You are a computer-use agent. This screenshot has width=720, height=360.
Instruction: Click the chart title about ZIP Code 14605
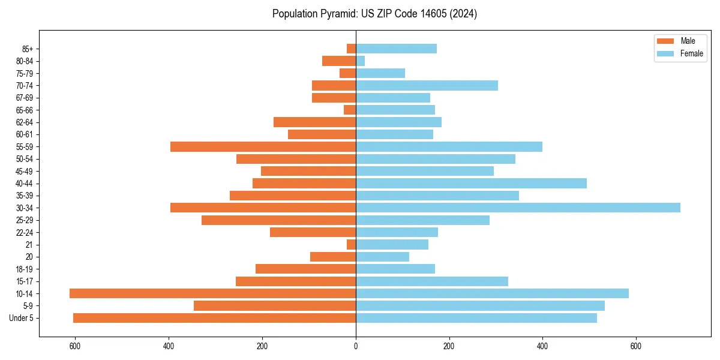[x=374, y=14]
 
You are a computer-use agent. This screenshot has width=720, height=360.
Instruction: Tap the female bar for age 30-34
[x=518, y=208]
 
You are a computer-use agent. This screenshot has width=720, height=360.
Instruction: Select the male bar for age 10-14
[x=212, y=293]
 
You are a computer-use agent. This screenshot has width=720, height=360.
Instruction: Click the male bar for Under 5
[x=214, y=318]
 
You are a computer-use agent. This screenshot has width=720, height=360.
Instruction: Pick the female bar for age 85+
[x=396, y=49]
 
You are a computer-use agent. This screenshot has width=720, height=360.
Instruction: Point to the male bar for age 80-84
[x=339, y=61]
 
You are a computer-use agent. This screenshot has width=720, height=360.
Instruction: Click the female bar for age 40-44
[x=471, y=183]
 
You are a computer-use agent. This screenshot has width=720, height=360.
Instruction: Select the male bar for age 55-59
[x=263, y=146]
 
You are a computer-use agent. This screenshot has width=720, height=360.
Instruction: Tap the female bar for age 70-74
[x=427, y=85]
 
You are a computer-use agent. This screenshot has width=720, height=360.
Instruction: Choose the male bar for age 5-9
[x=275, y=305]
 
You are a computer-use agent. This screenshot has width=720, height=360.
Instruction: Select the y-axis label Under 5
[x=22, y=318]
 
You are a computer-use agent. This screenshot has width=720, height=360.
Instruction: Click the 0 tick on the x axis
[x=356, y=346]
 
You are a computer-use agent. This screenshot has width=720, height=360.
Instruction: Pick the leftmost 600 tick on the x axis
[x=75, y=346]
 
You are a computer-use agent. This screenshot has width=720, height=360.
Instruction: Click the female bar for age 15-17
[x=432, y=281]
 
